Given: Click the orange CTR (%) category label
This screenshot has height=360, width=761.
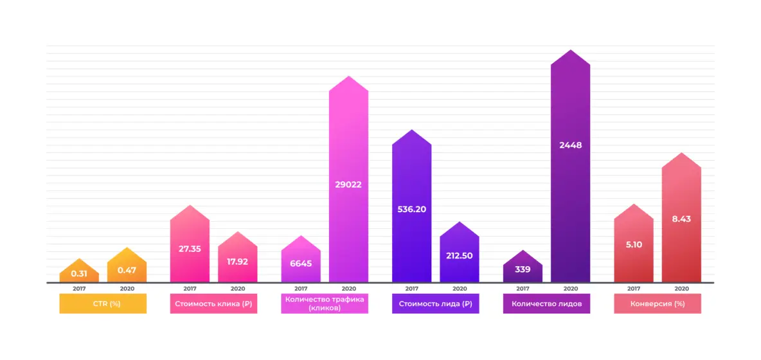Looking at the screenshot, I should click(x=103, y=303).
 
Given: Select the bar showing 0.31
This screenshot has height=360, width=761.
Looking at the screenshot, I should click(x=79, y=273).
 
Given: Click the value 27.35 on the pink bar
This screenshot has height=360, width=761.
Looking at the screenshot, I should click(x=190, y=249).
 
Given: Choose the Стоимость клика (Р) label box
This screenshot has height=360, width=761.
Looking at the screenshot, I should click(x=213, y=303).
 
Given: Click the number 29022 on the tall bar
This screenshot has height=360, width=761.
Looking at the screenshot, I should click(x=348, y=184).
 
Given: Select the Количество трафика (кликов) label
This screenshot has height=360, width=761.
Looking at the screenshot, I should click(x=325, y=303).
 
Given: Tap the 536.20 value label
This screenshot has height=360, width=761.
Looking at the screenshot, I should click(x=411, y=209).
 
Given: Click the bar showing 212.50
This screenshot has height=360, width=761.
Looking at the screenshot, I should click(x=459, y=255).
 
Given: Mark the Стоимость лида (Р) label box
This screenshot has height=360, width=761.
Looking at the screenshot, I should click(x=435, y=303).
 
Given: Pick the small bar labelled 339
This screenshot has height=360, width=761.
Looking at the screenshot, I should click(x=523, y=269).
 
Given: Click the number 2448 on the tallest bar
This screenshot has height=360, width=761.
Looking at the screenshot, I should click(x=570, y=145).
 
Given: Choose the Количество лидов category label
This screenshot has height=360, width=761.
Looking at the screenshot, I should click(x=546, y=303).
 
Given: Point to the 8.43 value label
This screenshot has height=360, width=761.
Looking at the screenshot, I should click(x=681, y=219).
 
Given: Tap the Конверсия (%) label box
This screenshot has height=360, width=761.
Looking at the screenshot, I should click(x=658, y=303).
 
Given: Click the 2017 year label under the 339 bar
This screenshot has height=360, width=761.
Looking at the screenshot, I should click(x=523, y=289).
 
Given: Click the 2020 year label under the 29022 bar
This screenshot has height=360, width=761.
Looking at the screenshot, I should click(x=348, y=289).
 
